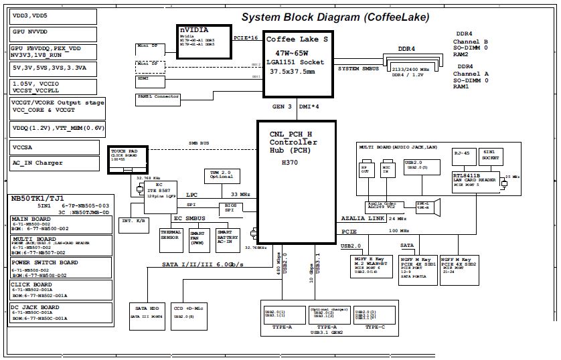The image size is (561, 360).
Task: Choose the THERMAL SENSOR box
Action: (171, 236)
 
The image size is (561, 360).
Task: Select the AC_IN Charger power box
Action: (54, 163)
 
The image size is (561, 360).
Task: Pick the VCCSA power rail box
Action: (54, 147)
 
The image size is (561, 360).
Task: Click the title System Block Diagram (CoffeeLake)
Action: (335, 17)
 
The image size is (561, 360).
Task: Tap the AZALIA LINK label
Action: (362, 219)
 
